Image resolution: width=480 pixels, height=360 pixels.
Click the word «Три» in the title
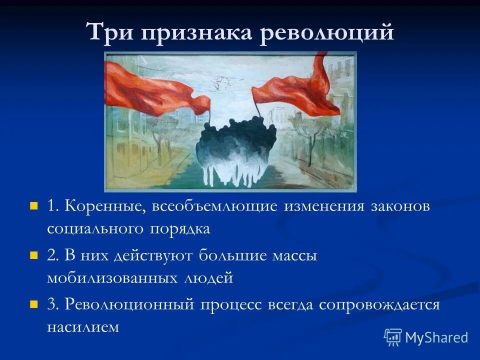pyautogui.click(x=111, y=32)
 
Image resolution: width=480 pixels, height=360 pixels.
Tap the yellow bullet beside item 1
pyautogui.click(x=34, y=205)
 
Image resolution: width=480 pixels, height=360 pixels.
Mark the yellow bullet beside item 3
pyautogui.click(x=34, y=304)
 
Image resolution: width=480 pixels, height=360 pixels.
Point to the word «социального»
pyautogui.click(x=94, y=228)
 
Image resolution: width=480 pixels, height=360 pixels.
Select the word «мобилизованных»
pyautogui.click(x=114, y=277)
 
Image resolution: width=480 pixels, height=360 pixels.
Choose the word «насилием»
pyautogui.click(x=83, y=327)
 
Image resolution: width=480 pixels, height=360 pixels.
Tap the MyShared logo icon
pyautogui.click(x=392, y=337)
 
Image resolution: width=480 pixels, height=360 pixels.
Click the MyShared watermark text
pyautogui.click(x=436, y=337)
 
